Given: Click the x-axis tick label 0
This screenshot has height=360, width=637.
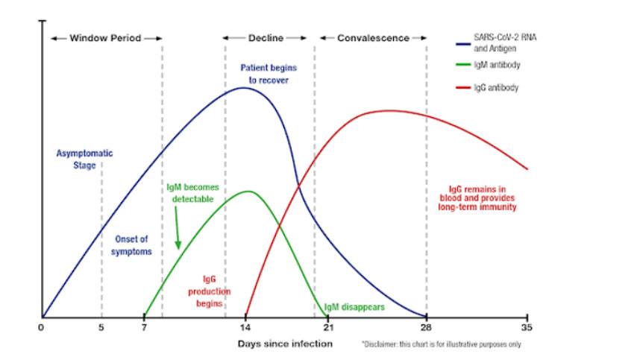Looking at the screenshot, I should [x=42, y=327].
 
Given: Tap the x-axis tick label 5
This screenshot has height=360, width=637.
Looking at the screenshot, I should [x=101, y=327].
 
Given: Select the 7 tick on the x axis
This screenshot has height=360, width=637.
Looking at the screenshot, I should [x=144, y=327].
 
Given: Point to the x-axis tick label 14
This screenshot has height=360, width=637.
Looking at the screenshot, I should [x=245, y=327].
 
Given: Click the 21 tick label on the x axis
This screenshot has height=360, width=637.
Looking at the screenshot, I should [x=327, y=327].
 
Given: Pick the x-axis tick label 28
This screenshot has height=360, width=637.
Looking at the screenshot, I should [x=427, y=327].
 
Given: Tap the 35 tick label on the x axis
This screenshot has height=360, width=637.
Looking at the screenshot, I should [x=527, y=327].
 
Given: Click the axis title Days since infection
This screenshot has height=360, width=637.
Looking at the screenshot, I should [x=285, y=344].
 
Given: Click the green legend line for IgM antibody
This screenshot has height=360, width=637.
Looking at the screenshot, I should [x=462, y=65].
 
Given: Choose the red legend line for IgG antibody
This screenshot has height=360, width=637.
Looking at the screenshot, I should [x=462, y=87].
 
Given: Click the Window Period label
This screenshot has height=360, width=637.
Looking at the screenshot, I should [x=105, y=37].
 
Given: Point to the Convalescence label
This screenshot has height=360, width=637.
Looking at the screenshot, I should [x=373, y=37].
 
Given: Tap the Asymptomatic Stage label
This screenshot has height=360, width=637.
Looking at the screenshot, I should [x=85, y=159].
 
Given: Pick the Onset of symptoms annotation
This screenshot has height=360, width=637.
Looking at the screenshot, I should [x=133, y=245].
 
